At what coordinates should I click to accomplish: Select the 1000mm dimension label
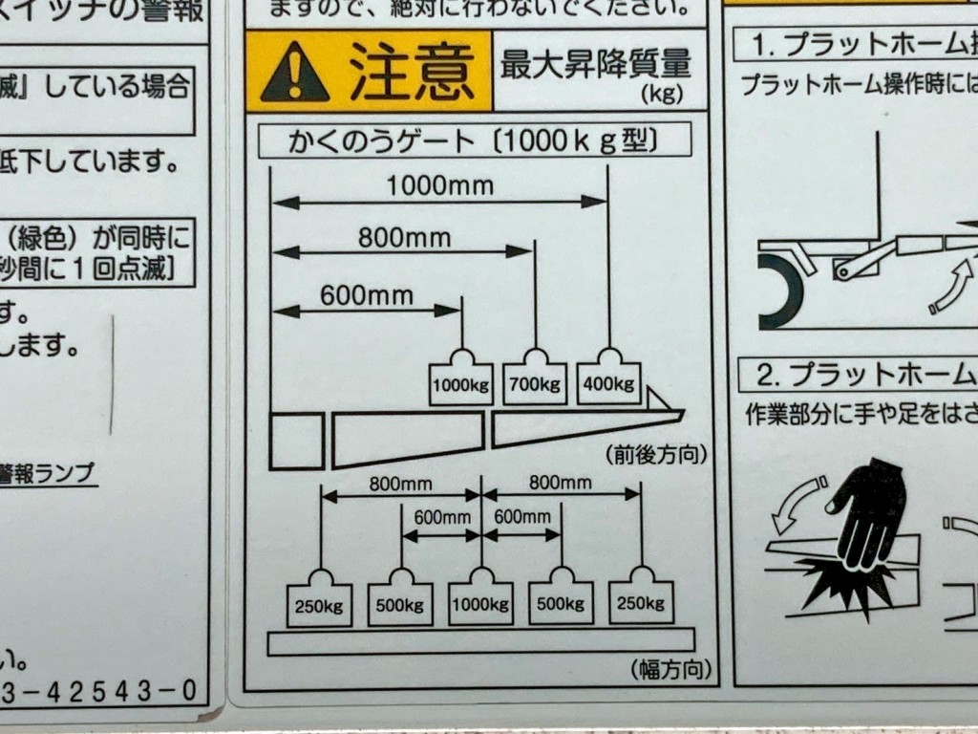click(439, 184)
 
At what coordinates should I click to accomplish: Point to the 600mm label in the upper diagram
click(367, 294)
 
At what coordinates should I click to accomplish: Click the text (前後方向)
click(656, 454)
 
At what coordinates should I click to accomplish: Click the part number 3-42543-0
click(105, 690)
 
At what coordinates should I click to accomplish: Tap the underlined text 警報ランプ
click(48, 473)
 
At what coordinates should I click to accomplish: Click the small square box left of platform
click(296, 441)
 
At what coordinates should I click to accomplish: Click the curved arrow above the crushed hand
click(797, 505)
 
